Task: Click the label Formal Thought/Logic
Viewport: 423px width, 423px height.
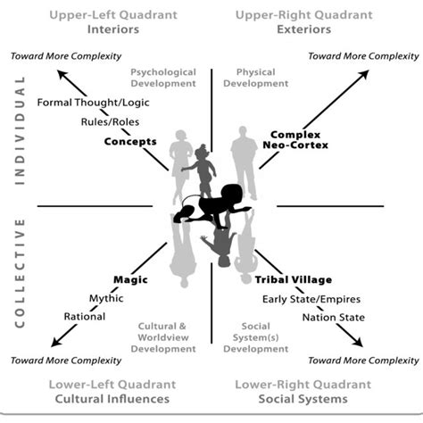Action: pos(93,103)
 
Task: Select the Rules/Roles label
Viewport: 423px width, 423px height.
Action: pos(110,122)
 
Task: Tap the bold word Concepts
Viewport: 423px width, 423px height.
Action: pos(130,142)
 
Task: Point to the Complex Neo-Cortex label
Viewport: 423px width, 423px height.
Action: pos(295,140)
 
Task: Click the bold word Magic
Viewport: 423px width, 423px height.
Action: pos(130,279)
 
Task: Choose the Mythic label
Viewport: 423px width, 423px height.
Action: pos(106,298)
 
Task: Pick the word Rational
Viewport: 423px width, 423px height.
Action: pos(85,317)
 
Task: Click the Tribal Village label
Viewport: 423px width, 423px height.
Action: pos(294,279)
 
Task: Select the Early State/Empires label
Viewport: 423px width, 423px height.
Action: pos(311,299)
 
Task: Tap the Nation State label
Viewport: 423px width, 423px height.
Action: pos(334,318)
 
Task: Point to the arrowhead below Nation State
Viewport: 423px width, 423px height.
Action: pos(358,342)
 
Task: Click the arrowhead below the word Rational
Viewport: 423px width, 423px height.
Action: pos(56,342)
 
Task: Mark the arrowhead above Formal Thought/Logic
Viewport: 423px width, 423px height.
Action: pos(62,75)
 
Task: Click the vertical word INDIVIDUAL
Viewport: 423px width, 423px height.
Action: pos(20,130)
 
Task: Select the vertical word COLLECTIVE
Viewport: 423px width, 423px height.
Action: pos(20,273)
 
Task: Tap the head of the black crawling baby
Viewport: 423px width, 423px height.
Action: pos(230,194)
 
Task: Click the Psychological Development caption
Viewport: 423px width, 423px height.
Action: pos(163,78)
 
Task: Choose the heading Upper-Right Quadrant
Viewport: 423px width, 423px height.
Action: pos(304,15)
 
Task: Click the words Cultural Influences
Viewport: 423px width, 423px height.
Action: pos(112,399)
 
